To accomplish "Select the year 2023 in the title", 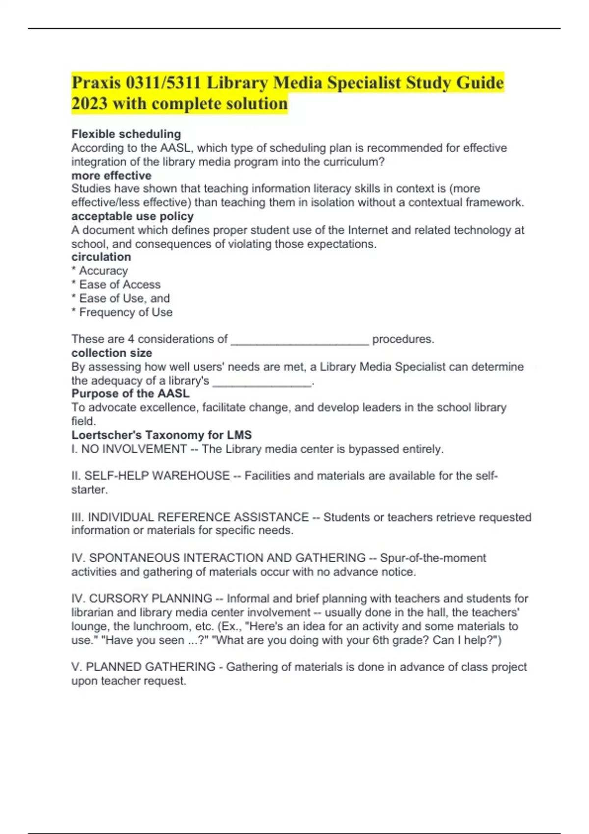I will coord(89,104).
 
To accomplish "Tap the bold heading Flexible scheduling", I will coord(126,134).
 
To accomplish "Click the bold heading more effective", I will coord(111,175).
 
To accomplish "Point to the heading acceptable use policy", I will coord(133,216).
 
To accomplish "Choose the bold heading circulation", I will coord(101,257).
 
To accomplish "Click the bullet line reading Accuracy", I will coord(103,271).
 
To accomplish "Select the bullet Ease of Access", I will coord(120,285).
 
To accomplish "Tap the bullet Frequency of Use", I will coord(126,312).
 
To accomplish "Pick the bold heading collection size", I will coord(111,353).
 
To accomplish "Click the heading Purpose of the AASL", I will coord(131,393).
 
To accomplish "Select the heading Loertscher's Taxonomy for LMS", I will coord(161,435).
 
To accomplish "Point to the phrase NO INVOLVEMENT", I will coord(134,449).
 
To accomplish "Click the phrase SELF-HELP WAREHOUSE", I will coord(157,475).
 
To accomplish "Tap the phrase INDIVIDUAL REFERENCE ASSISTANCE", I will coord(198,517).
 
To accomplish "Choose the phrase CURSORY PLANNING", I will coord(151,599).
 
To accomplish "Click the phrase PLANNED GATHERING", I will coord(151,667).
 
